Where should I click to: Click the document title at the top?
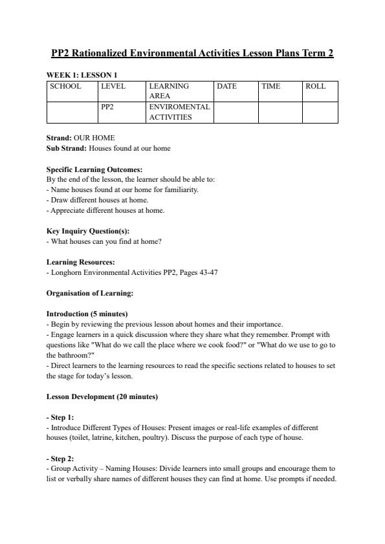point(192,52)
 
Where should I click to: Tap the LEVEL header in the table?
point(113,86)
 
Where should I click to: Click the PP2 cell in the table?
point(107,107)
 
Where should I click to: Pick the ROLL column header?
point(316,86)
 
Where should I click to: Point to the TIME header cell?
point(270,86)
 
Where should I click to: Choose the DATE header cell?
point(227,86)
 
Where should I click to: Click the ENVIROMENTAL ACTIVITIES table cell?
point(179,112)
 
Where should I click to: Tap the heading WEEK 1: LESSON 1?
point(82,75)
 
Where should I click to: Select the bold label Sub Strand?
point(67,148)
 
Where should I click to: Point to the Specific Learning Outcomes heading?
point(94,169)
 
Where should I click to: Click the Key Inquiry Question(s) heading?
point(88,231)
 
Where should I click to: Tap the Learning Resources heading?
point(80,262)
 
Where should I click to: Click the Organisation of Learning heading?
point(90,293)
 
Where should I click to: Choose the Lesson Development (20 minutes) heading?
point(102,396)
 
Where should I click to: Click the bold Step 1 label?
point(61,417)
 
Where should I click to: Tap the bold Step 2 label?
point(61,458)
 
